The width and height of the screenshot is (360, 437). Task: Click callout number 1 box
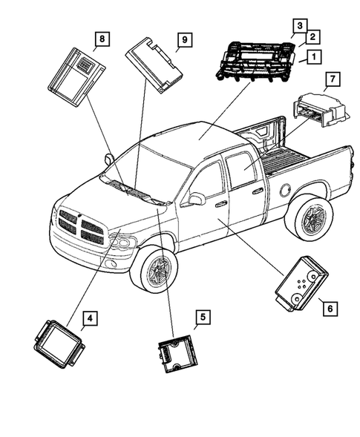click(x=314, y=56)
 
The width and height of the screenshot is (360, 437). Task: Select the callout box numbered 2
click(x=312, y=36)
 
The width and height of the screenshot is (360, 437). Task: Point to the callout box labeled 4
click(x=89, y=318)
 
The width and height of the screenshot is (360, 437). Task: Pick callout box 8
click(x=101, y=38)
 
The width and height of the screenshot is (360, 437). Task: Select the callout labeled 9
click(x=180, y=38)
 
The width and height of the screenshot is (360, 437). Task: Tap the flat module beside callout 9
click(x=154, y=64)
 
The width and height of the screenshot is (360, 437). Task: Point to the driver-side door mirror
click(x=197, y=199)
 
